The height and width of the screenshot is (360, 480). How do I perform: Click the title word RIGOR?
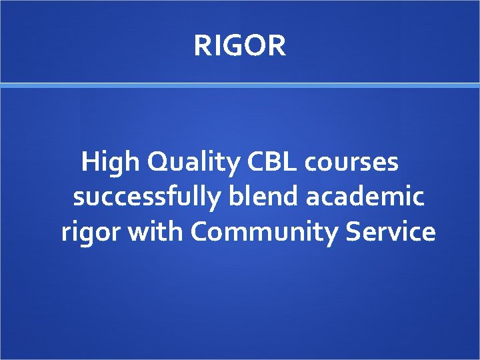[240, 46]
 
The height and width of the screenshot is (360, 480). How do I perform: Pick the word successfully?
[147, 198]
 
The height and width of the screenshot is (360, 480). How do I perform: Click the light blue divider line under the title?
[240, 85]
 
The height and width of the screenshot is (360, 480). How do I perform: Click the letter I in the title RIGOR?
[216, 46]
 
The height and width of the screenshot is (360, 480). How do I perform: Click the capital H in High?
[89, 161]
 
